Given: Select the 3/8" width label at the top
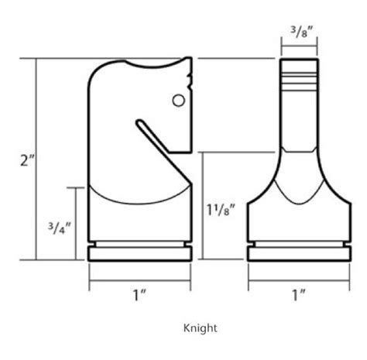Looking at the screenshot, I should [x=297, y=33].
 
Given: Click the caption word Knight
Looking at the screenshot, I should [x=200, y=327].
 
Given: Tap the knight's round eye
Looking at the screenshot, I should [x=177, y=99].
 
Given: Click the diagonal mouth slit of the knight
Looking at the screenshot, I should [x=155, y=132].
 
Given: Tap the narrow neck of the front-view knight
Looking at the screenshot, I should [x=298, y=124].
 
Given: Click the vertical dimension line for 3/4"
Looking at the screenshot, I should [x=74, y=225].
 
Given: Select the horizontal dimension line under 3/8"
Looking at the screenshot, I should [x=298, y=47].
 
